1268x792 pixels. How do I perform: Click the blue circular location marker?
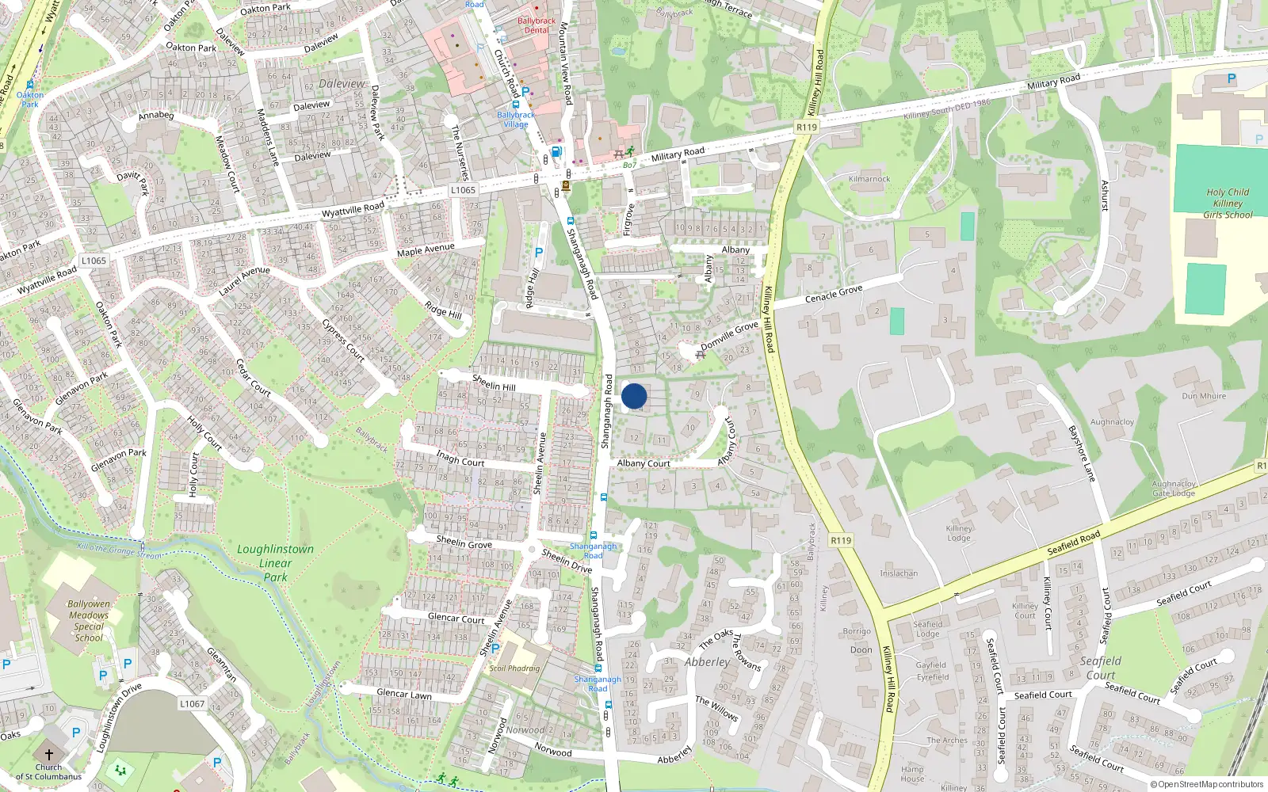pos(634,396)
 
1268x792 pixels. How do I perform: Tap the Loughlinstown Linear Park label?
pos(275,563)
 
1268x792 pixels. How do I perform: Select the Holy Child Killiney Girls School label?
pos(1228,204)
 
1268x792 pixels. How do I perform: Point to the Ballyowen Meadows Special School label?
pos(89,620)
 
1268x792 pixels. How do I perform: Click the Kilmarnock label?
pos(869,179)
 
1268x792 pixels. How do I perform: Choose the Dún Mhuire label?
pos(1203,396)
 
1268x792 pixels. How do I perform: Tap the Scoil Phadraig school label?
pos(514,668)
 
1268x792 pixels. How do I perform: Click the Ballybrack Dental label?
pos(537,25)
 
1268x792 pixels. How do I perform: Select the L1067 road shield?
pos(192,703)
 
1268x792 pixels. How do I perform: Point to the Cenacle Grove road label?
pos(834,294)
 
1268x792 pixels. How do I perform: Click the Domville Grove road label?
pos(729,336)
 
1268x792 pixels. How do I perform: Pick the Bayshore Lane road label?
pos(1082,454)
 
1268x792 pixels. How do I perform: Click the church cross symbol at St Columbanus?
pos(48,755)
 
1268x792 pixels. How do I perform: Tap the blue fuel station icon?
pos(556,151)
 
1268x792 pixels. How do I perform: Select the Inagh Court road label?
pos(460,458)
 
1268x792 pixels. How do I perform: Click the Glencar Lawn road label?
pos(404,695)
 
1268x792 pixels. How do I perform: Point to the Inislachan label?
pos(899,573)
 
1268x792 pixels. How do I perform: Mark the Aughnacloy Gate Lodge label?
pos(1174,489)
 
